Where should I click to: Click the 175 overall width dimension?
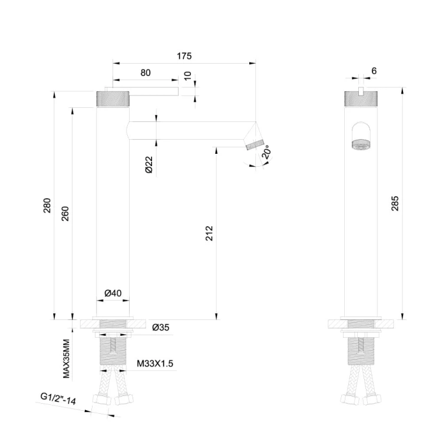(184, 57)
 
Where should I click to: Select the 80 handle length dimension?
(146, 73)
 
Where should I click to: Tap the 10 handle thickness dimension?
(188, 77)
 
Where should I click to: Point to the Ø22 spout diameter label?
(149, 164)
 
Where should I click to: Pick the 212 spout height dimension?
(210, 233)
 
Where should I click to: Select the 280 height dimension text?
(48, 206)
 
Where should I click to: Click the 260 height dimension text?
(65, 213)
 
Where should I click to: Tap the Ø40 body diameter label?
(113, 293)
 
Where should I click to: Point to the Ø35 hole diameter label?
(161, 328)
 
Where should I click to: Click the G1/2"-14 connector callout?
(59, 400)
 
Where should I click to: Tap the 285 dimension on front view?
(395, 204)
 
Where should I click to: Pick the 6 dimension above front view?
(374, 71)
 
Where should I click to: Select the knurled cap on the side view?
(113, 98)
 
